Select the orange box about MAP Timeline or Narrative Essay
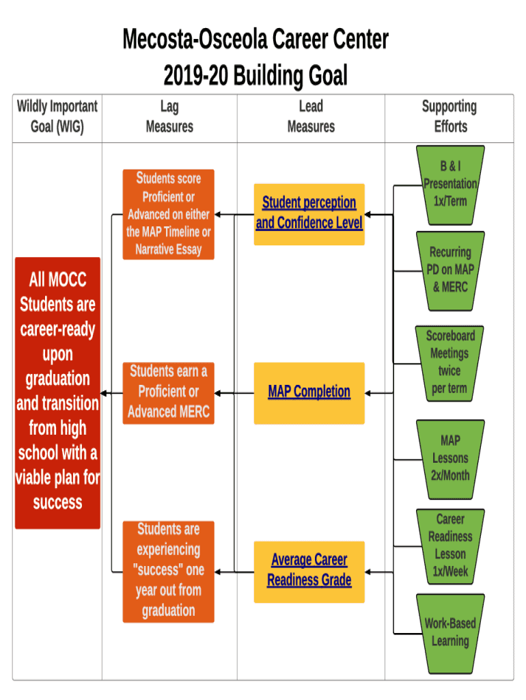(168, 214)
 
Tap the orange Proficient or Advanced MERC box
(168, 392)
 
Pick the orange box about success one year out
(168, 571)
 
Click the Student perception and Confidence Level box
(309, 213)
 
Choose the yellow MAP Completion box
(309, 392)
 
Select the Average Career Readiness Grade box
(309, 571)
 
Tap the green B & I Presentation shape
(450, 185)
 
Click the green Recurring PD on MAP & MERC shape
(450, 270)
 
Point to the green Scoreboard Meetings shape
(450, 362)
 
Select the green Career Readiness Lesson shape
(450, 546)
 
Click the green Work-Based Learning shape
(450, 632)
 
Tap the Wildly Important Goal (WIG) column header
(57, 117)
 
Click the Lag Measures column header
(169, 117)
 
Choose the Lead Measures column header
(311, 117)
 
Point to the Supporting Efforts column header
(449, 117)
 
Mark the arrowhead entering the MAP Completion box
(368, 393)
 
